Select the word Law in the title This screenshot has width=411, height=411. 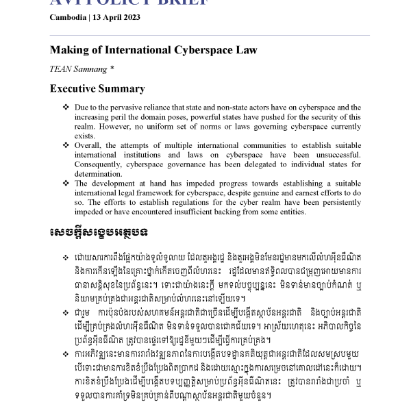[x=246, y=50]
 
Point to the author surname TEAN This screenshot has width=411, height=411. [x=60, y=69]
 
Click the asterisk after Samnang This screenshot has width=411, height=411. [x=112, y=68]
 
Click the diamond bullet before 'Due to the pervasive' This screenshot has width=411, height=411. [x=66, y=108]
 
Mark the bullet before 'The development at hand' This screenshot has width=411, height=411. [x=66, y=184]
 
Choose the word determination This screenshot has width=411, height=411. [x=98, y=174]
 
